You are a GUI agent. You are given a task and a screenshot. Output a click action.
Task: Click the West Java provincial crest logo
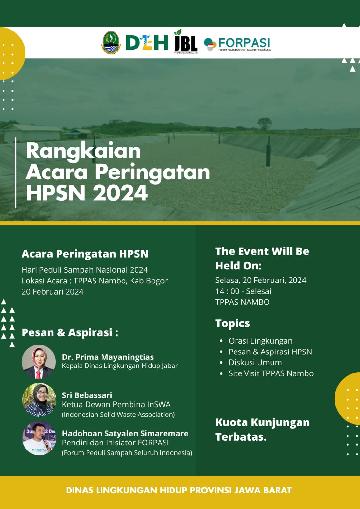pos(111,43)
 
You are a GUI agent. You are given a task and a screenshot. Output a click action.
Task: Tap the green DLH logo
pos(147,43)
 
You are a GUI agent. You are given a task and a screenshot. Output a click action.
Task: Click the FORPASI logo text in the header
pos(244,43)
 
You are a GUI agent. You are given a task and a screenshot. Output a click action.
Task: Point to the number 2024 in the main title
pos(120,193)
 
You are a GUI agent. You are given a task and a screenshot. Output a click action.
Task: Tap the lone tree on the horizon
pos(265,124)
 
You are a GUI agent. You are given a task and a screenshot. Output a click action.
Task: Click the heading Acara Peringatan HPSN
pos(85,254)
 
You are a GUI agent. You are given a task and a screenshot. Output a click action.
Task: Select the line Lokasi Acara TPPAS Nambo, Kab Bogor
pos(95,281)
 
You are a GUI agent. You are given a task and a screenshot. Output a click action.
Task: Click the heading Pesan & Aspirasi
pos(70,332)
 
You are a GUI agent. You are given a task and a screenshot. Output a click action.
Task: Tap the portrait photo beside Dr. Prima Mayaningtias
pos(39,362)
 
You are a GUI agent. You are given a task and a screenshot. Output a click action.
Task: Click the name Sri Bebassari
pos(87,395)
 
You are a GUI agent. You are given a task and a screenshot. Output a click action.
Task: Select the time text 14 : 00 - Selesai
pos(243,291)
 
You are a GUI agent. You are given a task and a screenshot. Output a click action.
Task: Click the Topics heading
pos(233,323)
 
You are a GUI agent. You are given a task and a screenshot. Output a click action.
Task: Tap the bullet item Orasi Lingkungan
pos(261,341)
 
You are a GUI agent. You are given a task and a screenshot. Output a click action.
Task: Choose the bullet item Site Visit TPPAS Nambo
pos(271,373)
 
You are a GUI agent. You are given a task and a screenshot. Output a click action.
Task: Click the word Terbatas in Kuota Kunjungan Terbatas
pos(241,437)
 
